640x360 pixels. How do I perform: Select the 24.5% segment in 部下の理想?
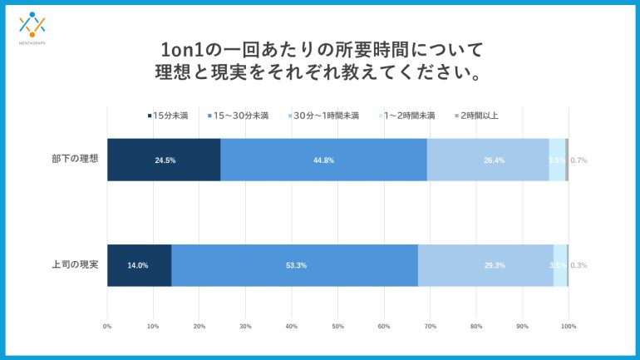click(164, 160)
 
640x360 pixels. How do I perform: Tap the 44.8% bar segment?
click(323, 160)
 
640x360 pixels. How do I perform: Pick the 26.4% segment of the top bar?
click(488, 160)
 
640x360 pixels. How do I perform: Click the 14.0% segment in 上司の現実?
click(139, 265)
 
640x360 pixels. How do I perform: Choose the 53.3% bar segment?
click(295, 265)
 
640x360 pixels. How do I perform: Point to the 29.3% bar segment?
click(486, 265)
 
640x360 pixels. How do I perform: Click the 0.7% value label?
click(578, 160)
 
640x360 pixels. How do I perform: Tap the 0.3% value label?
click(578, 265)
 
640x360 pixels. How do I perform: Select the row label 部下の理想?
click(75, 160)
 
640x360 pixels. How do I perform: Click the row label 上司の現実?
click(75, 265)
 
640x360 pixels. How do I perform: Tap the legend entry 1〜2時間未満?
click(407, 116)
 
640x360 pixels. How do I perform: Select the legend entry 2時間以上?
click(477, 116)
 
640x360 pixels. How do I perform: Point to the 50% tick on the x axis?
click(337, 327)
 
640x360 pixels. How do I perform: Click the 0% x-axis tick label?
click(107, 327)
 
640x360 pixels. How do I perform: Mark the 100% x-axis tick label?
click(569, 327)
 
